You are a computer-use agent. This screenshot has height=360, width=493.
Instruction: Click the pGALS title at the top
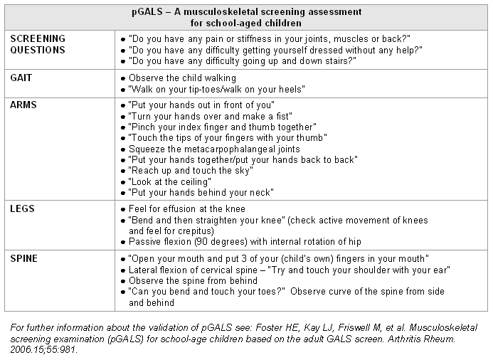coord(246,13)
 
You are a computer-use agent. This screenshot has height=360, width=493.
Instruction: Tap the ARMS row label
coord(24,105)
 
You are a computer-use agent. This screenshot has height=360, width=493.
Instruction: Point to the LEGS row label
coord(23,209)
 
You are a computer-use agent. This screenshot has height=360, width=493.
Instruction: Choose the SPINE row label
coord(25,257)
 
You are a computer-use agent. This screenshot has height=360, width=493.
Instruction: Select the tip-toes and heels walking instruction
coord(217,89)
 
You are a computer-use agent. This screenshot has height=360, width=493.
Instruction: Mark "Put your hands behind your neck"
coord(201,193)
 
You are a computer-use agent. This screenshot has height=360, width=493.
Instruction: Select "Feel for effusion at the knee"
coord(186,209)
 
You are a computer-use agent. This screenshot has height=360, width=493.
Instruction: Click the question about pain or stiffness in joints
coord(270,38)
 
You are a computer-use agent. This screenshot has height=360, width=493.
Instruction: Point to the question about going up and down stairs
coord(243,61)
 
